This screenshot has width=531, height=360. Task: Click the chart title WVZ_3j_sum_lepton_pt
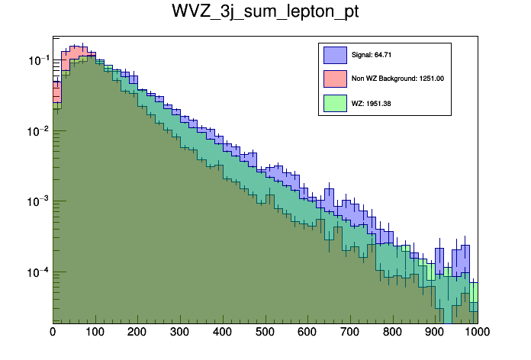pyautogui.click(x=265, y=13)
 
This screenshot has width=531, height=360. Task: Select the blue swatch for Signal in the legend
pyautogui.click(x=335, y=55)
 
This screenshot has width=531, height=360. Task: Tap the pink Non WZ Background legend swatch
pyautogui.click(x=335, y=79)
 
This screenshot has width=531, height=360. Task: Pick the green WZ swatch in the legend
pyautogui.click(x=335, y=102)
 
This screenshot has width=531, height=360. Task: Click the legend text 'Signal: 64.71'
pyautogui.click(x=372, y=55)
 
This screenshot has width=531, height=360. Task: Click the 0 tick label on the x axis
pyautogui.click(x=53, y=332)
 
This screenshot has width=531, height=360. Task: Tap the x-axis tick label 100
pyautogui.click(x=95, y=332)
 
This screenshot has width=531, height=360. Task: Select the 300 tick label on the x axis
pyautogui.click(x=180, y=332)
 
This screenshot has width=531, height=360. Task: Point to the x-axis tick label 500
pyautogui.click(x=265, y=332)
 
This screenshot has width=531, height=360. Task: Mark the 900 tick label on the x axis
pyautogui.click(x=435, y=332)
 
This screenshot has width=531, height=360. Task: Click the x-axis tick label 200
pyautogui.click(x=137, y=332)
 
